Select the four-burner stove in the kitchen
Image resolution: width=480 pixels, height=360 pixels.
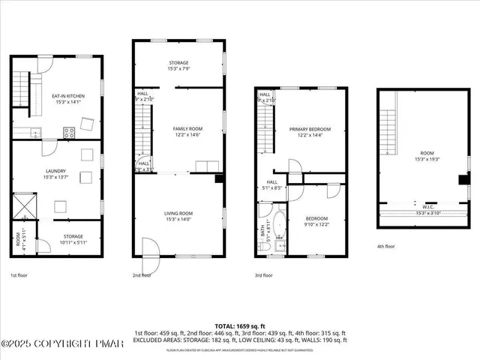[69, 133]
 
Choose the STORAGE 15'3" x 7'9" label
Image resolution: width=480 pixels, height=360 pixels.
[178, 65]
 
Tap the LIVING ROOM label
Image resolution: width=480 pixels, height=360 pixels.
[178, 217]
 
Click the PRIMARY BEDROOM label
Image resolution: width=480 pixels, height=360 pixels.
[310, 132]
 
